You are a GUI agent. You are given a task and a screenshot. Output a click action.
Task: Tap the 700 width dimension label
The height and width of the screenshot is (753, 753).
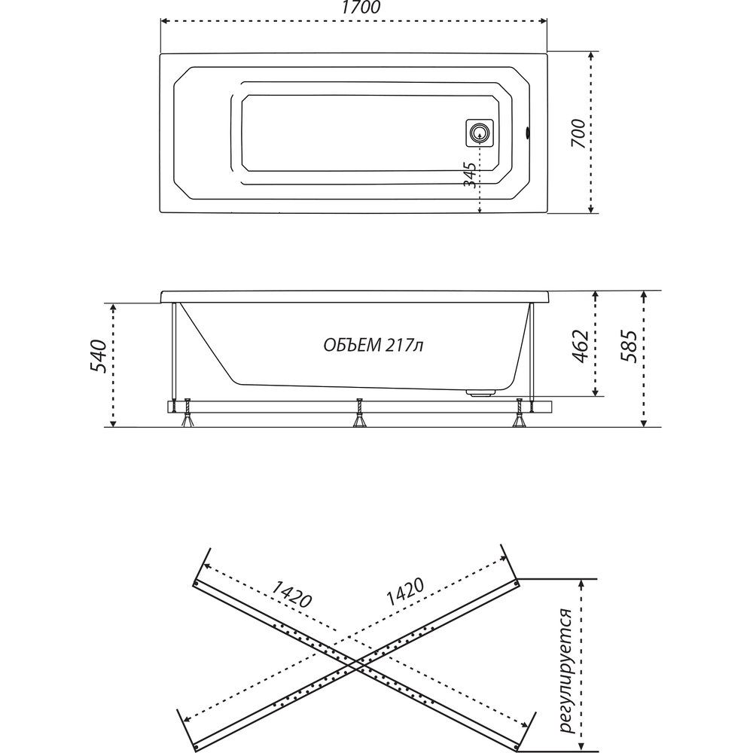[x=578, y=133]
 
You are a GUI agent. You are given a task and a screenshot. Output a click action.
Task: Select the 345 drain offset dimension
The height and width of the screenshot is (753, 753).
[x=471, y=175]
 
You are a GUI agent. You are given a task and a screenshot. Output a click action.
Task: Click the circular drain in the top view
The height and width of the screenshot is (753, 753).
[x=479, y=132]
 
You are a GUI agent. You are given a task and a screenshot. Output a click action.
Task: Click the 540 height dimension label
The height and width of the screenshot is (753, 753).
[x=97, y=356]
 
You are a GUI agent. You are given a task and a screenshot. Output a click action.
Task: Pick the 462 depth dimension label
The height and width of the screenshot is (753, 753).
[x=580, y=346]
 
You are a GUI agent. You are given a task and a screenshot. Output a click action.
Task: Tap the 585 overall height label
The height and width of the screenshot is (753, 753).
[x=629, y=346]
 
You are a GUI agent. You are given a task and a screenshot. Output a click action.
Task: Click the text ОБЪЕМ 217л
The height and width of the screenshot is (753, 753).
[x=373, y=345]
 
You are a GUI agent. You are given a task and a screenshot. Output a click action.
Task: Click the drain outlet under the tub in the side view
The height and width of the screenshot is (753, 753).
[x=480, y=393]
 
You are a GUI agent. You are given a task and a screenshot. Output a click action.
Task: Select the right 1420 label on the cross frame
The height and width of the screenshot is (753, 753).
[x=406, y=591]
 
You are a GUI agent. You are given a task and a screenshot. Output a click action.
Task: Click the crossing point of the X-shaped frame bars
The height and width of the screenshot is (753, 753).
[x=356, y=665]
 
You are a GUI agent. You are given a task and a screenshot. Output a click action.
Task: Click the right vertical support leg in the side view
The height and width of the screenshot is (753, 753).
[x=532, y=355]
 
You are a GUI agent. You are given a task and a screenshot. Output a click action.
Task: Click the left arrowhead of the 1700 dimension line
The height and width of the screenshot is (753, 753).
[x=163, y=21]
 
